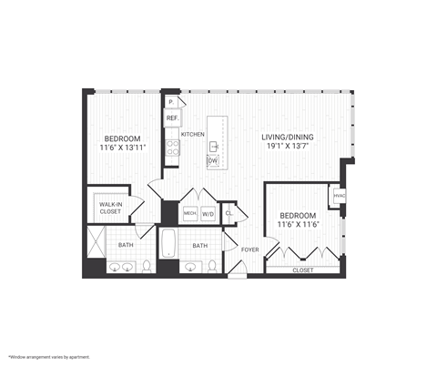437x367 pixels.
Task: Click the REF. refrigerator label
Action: pos(171,117)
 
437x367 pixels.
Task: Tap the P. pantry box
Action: pos(170,102)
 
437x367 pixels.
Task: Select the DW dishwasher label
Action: pos(213,160)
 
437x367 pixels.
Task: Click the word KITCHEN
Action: pos(193,134)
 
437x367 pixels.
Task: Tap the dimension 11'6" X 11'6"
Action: pos(299,224)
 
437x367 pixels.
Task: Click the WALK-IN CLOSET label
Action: pos(110,208)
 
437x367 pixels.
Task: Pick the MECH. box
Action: pos(190,214)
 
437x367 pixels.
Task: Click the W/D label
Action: pos(208,214)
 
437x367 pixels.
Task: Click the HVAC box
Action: pos(339,196)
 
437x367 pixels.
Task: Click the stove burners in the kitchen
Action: pos(171,148)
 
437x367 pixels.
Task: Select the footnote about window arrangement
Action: pos(49,357)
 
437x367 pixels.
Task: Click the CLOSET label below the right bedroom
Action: pos(302,270)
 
